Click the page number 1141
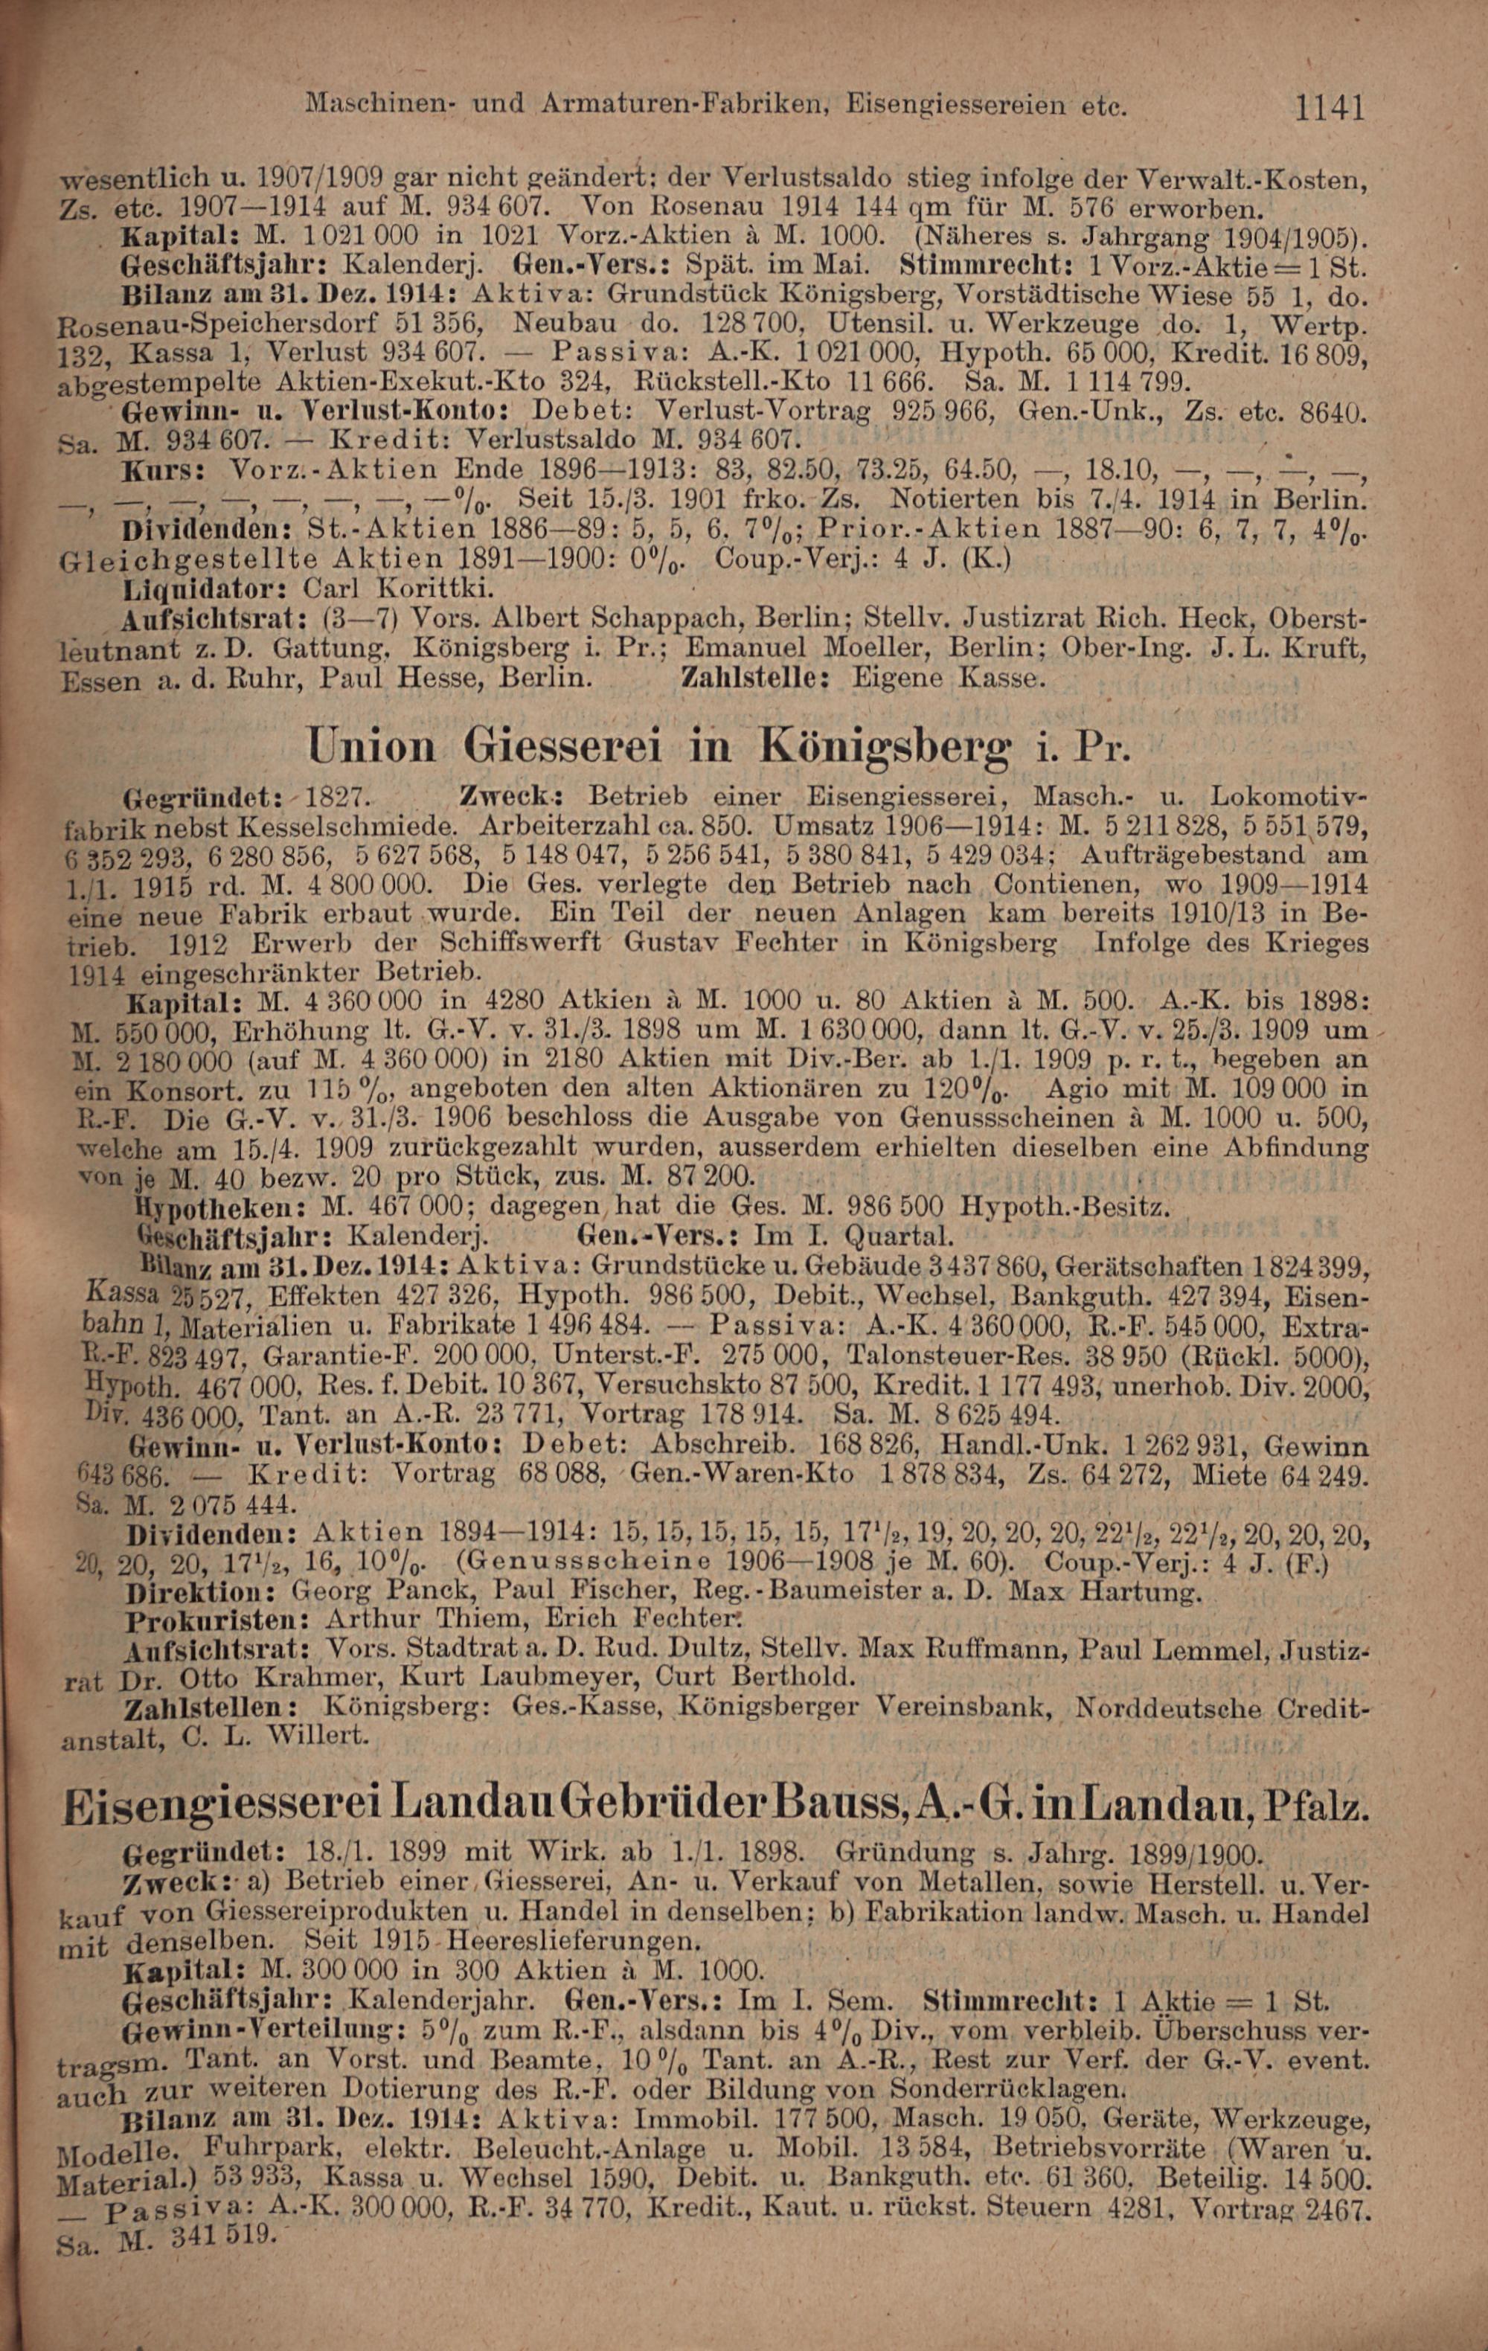point(1329,106)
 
